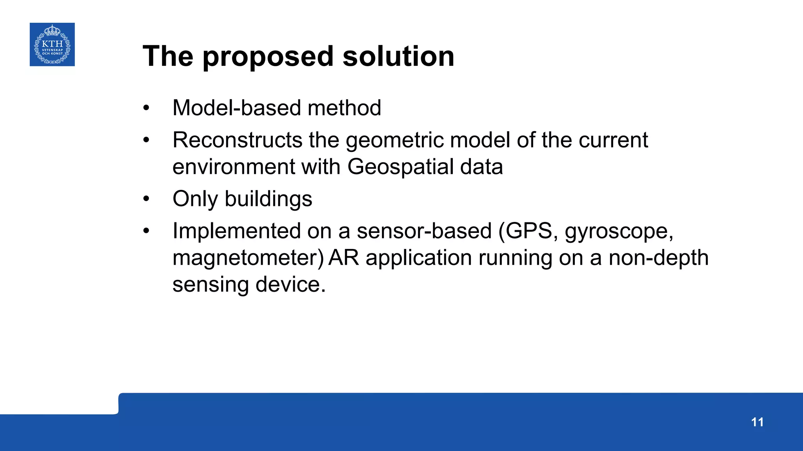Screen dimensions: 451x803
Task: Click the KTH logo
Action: point(52,44)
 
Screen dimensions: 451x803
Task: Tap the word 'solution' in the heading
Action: point(398,56)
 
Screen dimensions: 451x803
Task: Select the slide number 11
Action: point(757,422)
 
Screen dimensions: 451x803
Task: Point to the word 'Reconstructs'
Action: point(237,140)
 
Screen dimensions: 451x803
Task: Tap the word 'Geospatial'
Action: point(400,167)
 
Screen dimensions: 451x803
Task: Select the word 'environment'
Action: point(233,167)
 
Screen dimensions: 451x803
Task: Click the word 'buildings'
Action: point(268,199)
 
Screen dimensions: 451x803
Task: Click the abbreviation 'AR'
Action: point(343,258)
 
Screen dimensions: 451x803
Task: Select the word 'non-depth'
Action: point(658,258)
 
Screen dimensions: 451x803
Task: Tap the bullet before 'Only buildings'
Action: point(146,199)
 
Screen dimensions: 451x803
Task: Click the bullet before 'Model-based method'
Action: point(146,108)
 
